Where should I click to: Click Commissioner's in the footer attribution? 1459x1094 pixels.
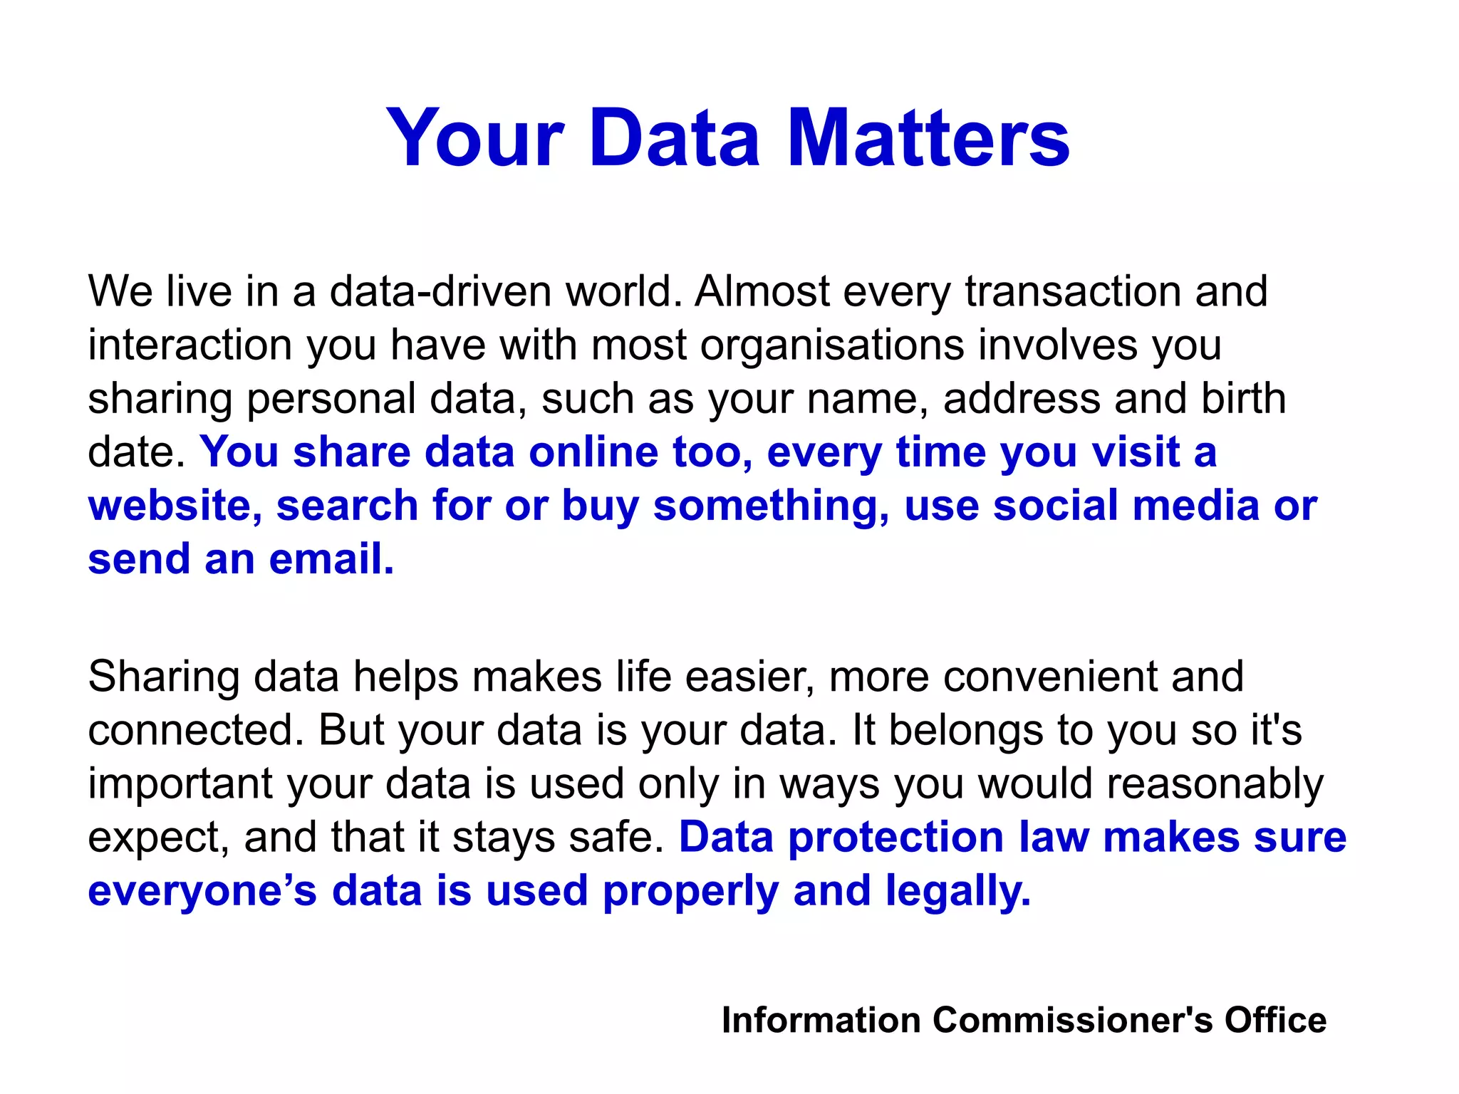1072,1020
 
